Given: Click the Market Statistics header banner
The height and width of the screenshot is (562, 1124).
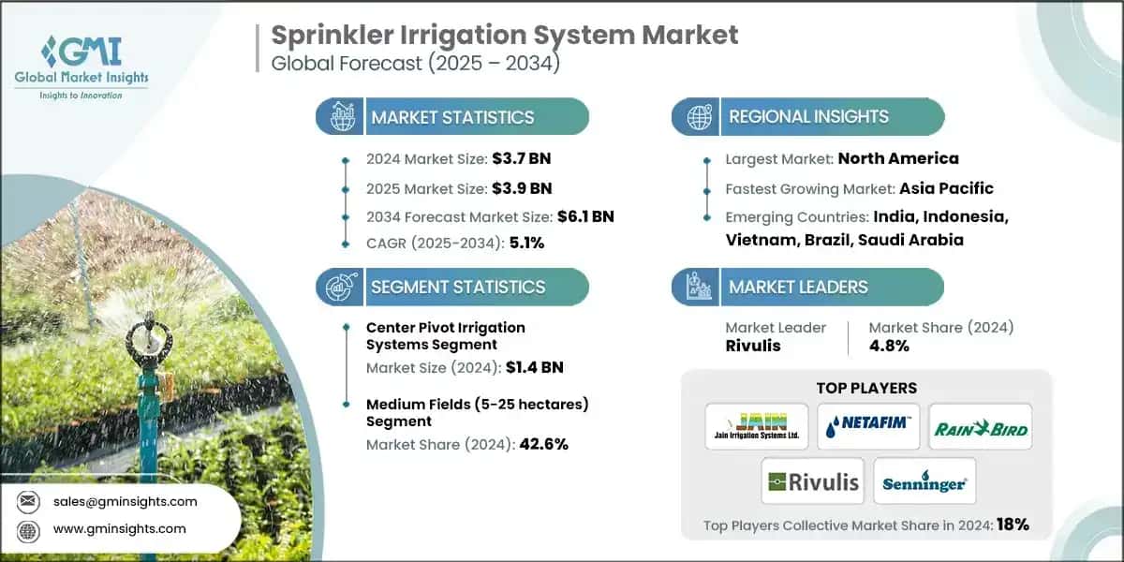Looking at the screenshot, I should [x=452, y=117].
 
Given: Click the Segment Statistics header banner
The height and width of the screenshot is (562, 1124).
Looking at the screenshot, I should [x=452, y=287].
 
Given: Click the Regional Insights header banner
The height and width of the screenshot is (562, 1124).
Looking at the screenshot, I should [x=808, y=117].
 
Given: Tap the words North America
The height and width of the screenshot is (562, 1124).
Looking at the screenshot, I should [x=897, y=158].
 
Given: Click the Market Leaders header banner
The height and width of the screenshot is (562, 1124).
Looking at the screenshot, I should [x=808, y=287].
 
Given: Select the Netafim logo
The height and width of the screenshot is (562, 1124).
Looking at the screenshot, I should [x=867, y=426].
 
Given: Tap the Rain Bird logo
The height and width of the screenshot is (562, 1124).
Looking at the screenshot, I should [x=980, y=428].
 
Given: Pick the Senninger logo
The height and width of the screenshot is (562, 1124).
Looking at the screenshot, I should [x=924, y=481].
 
